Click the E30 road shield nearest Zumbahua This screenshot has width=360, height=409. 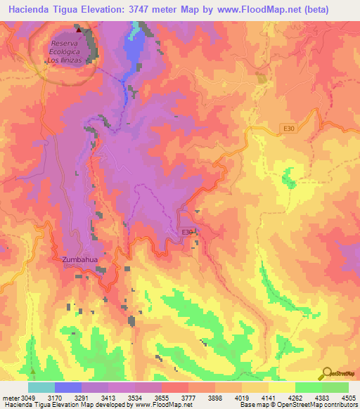point(186,233)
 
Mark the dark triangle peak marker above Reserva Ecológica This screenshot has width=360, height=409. point(78,30)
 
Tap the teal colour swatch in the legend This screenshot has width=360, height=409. point(41,387)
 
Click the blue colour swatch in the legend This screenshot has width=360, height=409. point(68,387)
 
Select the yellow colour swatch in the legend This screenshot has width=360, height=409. point(281,387)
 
